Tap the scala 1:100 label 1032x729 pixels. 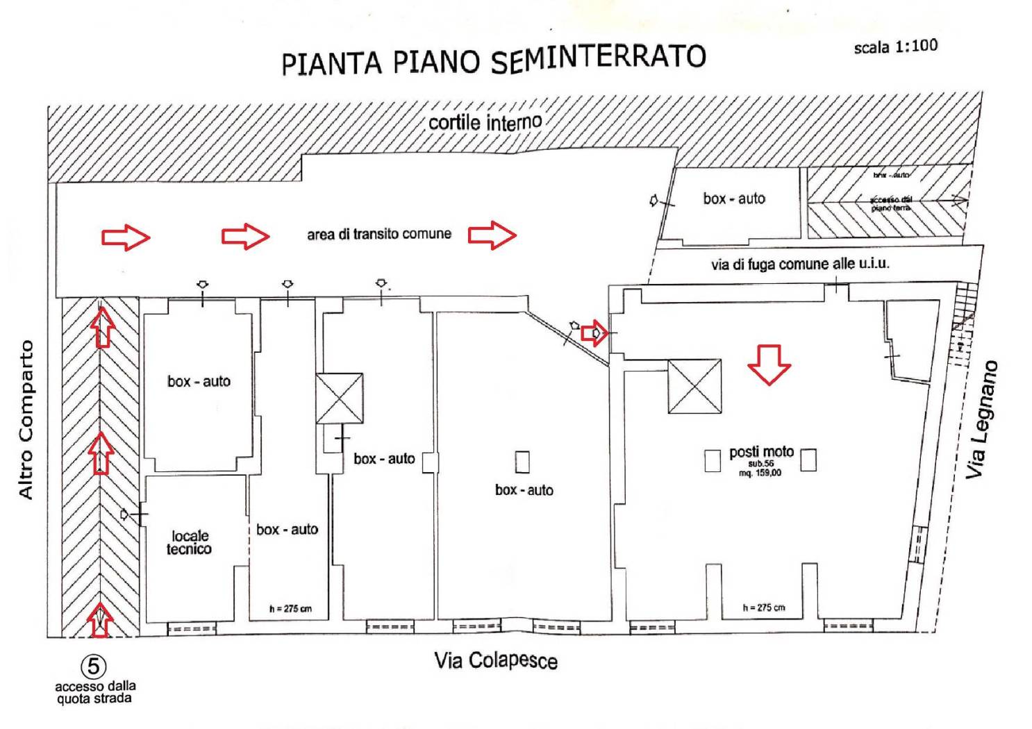pos(895,47)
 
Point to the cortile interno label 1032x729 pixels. pos(484,123)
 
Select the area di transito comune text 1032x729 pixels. pos(379,234)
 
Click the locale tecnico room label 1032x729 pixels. pos(190,542)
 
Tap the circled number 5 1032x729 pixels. pos(94,667)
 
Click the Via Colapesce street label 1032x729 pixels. pos(495,660)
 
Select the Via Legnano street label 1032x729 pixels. pos(983,419)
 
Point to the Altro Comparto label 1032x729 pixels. pos(26,419)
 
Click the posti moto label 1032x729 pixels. pos(761,452)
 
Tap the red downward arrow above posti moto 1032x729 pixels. pos(769,364)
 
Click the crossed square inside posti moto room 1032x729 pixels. pos(694,386)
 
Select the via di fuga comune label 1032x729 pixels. pos(799,264)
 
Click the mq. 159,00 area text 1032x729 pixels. pos(760,473)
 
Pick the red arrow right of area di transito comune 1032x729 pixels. pos(492,235)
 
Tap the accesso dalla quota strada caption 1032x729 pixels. pos(94,692)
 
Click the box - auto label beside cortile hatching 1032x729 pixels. pos(733,199)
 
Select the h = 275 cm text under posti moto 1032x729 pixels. pos(763,607)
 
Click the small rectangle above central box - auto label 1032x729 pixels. pos(522,462)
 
